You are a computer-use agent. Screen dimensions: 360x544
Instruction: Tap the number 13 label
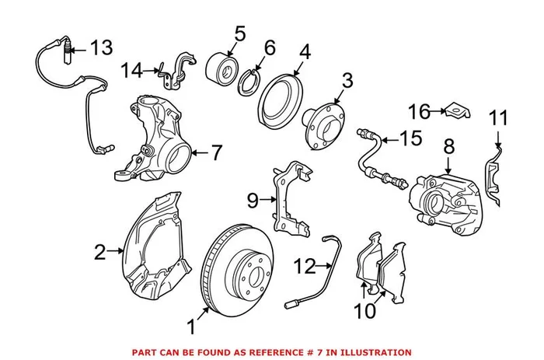coord(100,47)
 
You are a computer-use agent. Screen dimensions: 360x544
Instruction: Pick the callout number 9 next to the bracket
coord(252,201)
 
